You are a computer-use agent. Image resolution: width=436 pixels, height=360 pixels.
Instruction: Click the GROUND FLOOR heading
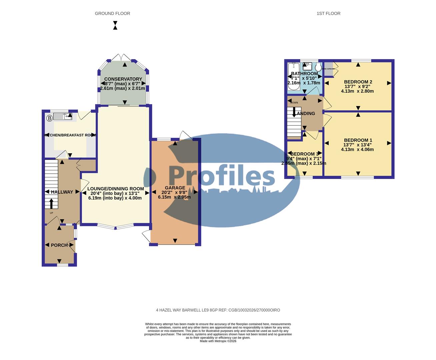point(112,13)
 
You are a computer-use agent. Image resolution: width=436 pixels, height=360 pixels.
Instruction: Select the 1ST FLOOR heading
point(328,13)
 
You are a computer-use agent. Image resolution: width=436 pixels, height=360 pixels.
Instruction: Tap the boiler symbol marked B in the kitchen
point(49,118)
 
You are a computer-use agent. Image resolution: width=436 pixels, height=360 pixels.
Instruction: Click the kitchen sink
point(63,116)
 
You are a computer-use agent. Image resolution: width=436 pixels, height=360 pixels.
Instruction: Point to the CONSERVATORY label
point(123,79)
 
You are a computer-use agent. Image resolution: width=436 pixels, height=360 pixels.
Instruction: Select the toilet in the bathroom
point(318,67)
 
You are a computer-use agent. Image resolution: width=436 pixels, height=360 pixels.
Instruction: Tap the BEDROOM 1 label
point(358,140)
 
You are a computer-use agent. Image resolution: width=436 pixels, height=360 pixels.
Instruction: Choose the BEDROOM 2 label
point(358,82)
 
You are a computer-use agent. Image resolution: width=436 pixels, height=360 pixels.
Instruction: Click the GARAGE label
point(175,188)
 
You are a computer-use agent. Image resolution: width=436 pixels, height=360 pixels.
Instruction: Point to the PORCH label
point(59,245)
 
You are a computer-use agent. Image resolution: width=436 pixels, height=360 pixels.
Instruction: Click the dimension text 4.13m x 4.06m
point(357,150)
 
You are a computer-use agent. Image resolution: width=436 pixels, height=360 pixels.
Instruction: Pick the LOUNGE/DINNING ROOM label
point(115,189)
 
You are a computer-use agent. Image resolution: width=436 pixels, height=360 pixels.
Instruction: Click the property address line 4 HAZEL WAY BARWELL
point(218,310)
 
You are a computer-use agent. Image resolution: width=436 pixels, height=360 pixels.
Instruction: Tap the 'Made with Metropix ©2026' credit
point(218,341)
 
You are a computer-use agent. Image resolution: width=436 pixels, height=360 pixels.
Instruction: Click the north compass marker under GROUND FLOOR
point(115,25)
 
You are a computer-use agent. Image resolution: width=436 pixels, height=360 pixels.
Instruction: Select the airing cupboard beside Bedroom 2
point(329,69)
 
